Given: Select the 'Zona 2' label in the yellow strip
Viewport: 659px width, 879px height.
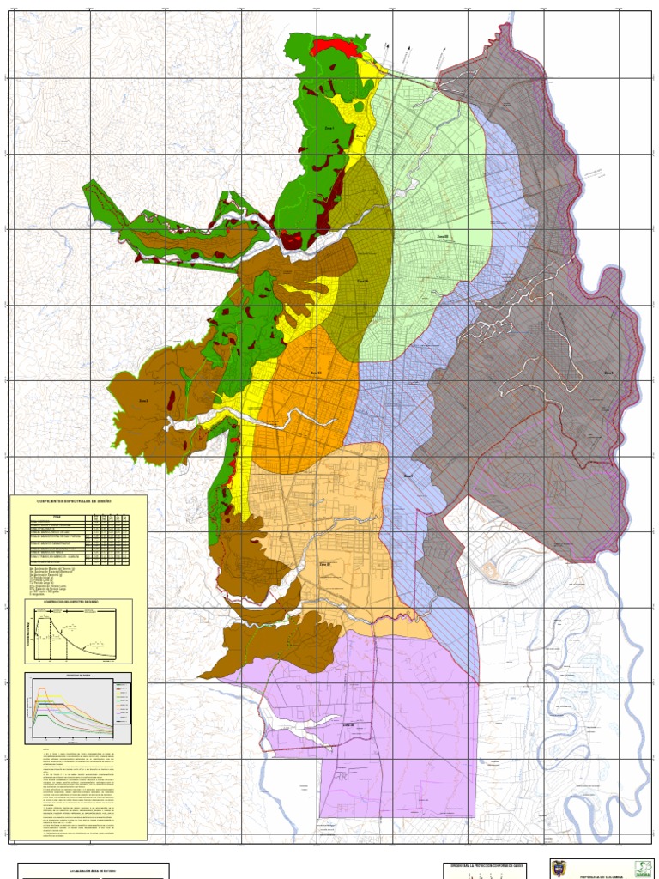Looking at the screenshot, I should (x=360, y=136).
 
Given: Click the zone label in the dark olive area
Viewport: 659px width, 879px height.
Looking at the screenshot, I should (x=362, y=281).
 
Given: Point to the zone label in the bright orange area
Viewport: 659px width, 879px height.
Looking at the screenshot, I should (x=315, y=373).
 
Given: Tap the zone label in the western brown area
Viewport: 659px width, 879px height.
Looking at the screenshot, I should (x=144, y=400).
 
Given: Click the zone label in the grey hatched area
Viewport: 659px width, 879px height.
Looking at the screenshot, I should (x=608, y=373).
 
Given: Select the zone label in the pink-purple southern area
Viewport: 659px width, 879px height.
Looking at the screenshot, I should (x=348, y=724).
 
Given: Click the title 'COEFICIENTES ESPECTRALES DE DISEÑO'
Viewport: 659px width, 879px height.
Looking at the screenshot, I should (x=78, y=500).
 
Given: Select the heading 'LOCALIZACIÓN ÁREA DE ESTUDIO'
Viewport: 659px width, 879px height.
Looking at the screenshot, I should (x=94, y=870).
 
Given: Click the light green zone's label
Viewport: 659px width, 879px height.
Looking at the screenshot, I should (x=443, y=236).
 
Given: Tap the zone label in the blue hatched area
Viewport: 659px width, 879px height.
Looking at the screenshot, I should (x=408, y=474).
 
